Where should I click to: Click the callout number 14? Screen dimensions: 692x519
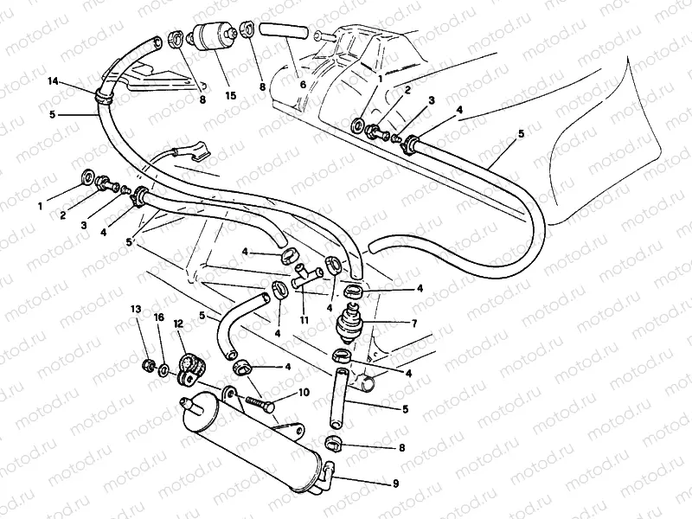pos(53,80)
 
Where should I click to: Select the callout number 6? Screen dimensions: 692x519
pos(302,86)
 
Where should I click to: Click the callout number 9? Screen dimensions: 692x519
pos(396,484)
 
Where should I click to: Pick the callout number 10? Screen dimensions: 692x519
pos(304,393)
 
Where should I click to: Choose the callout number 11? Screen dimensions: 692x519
pos(304,320)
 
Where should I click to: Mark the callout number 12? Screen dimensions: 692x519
pos(179,324)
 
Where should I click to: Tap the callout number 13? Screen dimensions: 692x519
pos(136,309)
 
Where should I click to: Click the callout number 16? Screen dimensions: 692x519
pos(158,317)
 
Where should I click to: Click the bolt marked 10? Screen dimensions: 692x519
pos(259,402)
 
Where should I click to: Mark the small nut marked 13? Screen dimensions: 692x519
pos(148,364)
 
